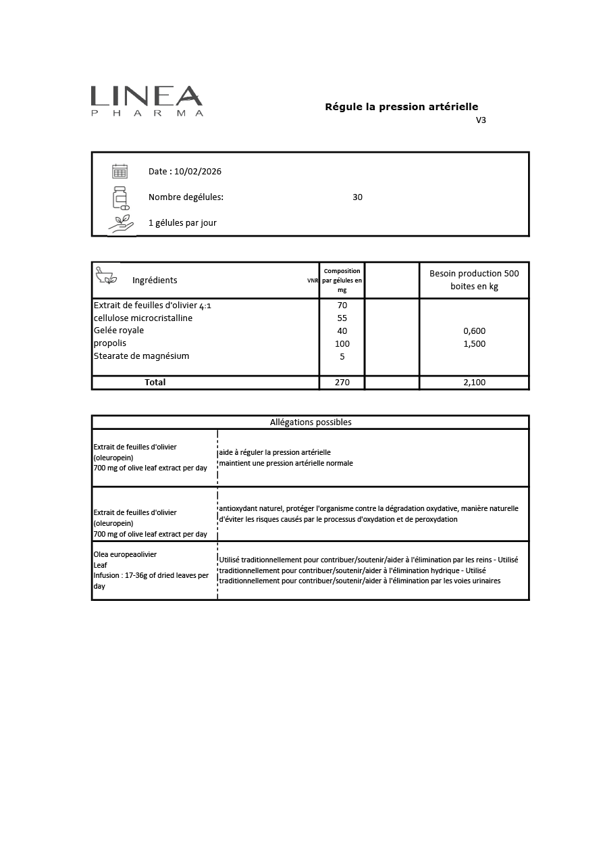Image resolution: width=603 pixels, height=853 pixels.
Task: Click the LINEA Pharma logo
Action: [x=147, y=101]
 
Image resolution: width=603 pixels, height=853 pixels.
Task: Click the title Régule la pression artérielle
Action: [x=401, y=107]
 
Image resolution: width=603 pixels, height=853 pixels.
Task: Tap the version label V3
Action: [x=481, y=120]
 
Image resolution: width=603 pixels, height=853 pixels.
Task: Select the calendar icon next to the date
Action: [x=120, y=171]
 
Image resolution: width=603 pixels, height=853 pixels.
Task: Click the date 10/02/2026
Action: [x=197, y=172]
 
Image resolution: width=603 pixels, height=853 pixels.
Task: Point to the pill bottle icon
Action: [x=120, y=197]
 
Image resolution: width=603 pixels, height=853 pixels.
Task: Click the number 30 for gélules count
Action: [x=357, y=197]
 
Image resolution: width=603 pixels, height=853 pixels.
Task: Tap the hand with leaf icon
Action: [x=121, y=224]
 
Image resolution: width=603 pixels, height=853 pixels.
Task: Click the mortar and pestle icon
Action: [x=106, y=274]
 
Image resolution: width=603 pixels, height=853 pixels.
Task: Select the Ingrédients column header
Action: [x=155, y=281]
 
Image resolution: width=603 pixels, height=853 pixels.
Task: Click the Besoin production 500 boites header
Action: [x=474, y=280]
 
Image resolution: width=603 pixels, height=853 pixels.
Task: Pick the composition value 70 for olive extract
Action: [x=342, y=306]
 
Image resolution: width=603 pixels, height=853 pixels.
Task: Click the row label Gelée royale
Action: [x=119, y=331]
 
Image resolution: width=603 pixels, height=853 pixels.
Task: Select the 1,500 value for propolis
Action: [x=474, y=344]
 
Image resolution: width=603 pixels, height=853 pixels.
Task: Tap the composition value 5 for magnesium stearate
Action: [x=342, y=357]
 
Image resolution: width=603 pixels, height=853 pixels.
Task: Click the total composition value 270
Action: [x=342, y=383]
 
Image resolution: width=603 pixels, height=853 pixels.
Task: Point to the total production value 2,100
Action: [x=474, y=383]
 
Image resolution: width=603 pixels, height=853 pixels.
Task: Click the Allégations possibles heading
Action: [x=311, y=422]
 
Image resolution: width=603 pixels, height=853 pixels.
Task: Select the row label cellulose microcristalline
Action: [x=143, y=318]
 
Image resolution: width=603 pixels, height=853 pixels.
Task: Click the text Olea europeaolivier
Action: [x=125, y=554]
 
